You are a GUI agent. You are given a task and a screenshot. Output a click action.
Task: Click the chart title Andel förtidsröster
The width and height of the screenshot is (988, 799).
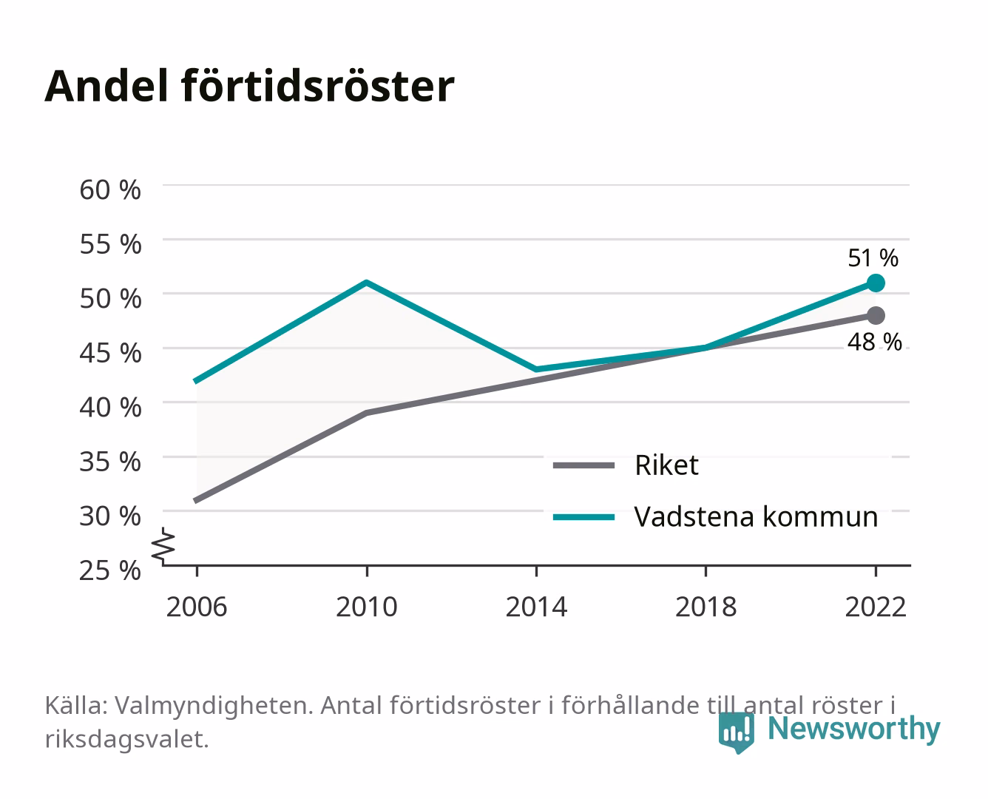point(249,87)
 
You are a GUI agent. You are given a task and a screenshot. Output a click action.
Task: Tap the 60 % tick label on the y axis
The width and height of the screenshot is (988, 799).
point(110,190)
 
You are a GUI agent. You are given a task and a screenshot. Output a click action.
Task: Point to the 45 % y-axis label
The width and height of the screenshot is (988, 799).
point(110,353)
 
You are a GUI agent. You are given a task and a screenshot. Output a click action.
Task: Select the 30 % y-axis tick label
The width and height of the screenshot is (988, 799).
point(110,516)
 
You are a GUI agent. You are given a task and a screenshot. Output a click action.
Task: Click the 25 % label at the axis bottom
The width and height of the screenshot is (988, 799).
point(110,570)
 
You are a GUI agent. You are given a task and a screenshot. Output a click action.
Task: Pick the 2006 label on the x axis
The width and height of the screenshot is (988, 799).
point(197,607)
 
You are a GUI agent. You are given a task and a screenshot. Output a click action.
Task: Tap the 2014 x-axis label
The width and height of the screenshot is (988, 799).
point(536,607)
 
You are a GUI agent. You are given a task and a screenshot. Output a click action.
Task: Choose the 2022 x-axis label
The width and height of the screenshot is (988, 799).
point(876,607)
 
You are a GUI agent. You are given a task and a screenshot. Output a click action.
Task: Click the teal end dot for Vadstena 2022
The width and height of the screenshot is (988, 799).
point(876,283)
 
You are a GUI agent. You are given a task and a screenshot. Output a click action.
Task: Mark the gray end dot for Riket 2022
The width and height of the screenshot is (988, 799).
point(876,315)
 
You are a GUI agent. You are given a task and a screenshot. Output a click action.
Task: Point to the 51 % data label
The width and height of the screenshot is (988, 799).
point(873,258)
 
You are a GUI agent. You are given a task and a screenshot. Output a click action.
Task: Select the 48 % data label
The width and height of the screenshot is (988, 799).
point(875,343)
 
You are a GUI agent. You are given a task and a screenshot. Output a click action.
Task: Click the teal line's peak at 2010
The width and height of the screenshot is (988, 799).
point(367,282)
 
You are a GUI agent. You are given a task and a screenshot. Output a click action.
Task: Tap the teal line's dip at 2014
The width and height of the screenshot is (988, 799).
point(536,369)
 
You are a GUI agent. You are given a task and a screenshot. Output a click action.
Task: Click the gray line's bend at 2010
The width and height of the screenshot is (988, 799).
point(367,413)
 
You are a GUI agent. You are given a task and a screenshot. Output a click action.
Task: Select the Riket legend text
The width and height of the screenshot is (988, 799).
point(666,465)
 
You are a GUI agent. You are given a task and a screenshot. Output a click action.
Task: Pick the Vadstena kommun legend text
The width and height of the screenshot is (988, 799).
point(756,517)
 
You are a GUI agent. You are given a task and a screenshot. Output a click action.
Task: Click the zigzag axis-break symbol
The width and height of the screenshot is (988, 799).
point(163,546)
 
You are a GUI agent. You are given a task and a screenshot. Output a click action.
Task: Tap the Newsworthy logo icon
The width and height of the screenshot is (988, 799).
point(736,732)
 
